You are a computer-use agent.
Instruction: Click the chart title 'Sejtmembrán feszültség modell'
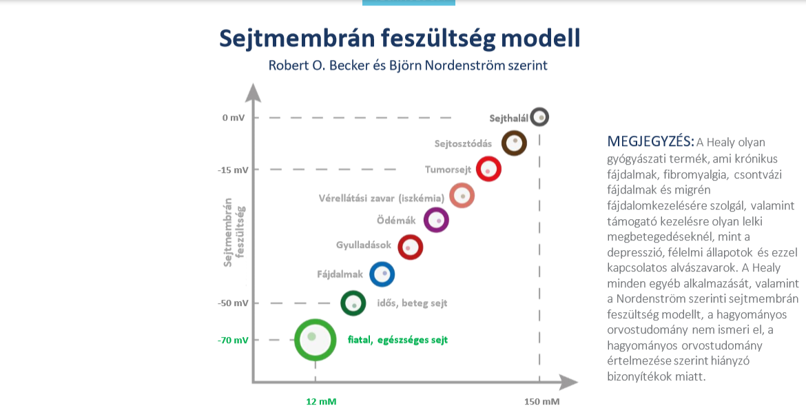point(400,38)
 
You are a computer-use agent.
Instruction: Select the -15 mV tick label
point(231,170)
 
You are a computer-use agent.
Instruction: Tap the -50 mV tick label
point(231,303)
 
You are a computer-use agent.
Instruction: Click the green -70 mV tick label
point(231,340)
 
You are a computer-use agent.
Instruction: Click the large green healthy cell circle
point(315,339)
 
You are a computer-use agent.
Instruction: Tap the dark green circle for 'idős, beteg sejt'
point(353,302)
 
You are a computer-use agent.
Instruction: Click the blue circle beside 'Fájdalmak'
point(382,274)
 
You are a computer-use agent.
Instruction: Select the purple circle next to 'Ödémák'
point(436,221)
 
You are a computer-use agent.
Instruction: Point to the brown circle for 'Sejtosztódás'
point(514,143)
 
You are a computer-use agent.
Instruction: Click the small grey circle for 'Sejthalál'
point(540,117)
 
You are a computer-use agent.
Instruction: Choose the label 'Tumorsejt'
point(447,169)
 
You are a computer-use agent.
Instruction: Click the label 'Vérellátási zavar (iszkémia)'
point(381,198)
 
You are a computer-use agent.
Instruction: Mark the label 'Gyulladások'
point(363,245)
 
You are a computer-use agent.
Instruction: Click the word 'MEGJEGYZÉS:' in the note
point(650,141)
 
